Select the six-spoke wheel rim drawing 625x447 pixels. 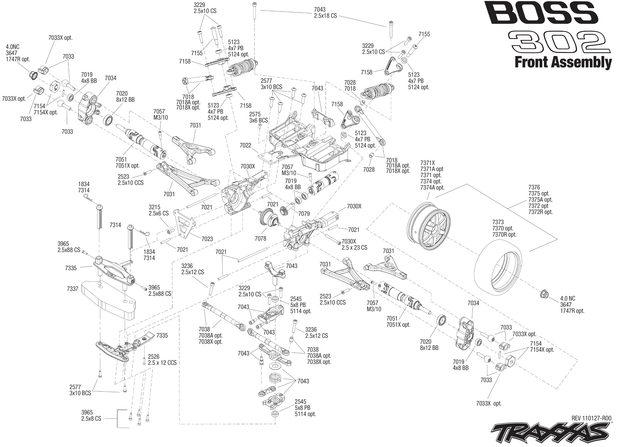429,226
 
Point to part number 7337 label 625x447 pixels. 73,289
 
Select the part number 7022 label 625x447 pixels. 245,145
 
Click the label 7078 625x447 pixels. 260,238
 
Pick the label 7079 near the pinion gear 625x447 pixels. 304,214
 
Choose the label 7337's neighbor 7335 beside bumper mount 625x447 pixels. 71,268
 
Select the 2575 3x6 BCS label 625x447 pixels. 258,117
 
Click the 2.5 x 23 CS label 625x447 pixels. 354,248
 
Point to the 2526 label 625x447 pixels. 153,356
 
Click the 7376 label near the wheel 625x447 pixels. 534,187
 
